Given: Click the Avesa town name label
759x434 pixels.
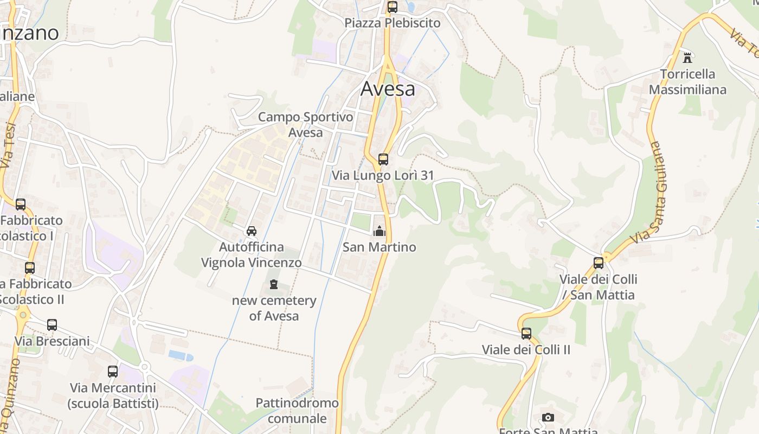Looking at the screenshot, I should pyautogui.click(x=388, y=88).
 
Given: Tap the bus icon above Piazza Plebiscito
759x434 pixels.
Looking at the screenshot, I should pyautogui.click(x=392, y=7).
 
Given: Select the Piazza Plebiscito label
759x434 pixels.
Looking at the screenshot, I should pyautogui.click(x=393, y=23).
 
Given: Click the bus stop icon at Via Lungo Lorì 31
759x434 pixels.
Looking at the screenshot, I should pyautogui.click(x=383, y=159).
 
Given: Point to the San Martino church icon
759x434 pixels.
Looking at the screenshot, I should pyautogui.click(x=379, y=232).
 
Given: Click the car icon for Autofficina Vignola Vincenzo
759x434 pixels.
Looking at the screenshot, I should pyautogui.click(x=252, y=231).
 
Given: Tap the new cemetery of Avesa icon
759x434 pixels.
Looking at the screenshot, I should pyautogui.click(x=274, y=284).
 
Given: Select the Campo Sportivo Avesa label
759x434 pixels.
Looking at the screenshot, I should pyautogui.click(x=305, y=125).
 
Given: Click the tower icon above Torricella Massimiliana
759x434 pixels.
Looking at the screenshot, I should pyautogui.click(x=687, y=57).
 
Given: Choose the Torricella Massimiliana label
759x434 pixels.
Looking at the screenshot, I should pyautogui.click(x=687, y=82).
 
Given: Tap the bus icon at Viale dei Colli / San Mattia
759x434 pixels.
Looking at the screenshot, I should pyautogui.click(x=599, y=263).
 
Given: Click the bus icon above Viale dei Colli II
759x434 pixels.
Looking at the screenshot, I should pyautogui.click(x=526, y=334).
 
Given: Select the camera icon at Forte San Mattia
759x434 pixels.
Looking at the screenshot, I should pyautogui.click(x=548, y=417).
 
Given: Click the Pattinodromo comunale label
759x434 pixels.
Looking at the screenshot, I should pyautogui.click(x=297, y=411).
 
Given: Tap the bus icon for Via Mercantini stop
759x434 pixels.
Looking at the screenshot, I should pyautogui.click(x=113, y=372).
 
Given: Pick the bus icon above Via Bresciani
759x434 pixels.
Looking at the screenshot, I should pyautogui.click(x=52, y=325).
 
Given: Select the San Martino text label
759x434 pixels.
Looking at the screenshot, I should pyautogui.click(x=379, y=247).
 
